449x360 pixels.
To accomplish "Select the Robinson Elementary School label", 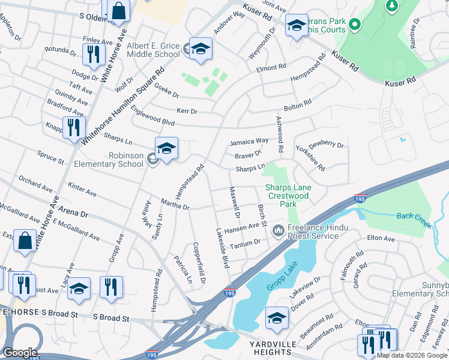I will (109, 160).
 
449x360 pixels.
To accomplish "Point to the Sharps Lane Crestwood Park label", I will (288, 196).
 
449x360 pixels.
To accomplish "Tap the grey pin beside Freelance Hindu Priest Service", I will (279, 230).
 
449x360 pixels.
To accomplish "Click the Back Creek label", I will (414, 218).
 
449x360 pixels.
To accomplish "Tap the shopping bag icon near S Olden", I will (119, 10).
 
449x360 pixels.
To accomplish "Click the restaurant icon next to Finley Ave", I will (92, 55).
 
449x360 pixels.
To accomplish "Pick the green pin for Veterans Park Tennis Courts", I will (354, 25).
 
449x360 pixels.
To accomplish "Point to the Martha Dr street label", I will (175, 204).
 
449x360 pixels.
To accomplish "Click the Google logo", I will (19, 353).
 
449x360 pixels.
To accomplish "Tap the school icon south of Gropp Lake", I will (277, 317).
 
